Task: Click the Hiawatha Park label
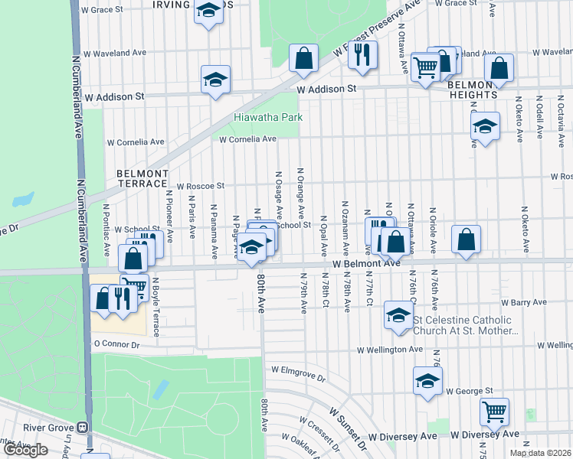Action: click(268, 118)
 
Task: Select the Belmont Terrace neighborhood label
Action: click(142, 179)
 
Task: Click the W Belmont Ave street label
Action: click(366, 263)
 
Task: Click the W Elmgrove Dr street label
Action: click(298, 378)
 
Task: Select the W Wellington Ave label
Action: click(390, 350)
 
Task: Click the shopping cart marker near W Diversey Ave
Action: click(495, 412)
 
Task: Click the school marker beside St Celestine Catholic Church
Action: click(398, 315)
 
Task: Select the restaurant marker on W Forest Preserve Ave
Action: click(362, 55)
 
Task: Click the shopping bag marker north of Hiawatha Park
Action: click(304, 57)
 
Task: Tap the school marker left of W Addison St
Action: click(216, 79)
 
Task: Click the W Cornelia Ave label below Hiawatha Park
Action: click(247, 139)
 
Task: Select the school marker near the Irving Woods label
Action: click(208, 11)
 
